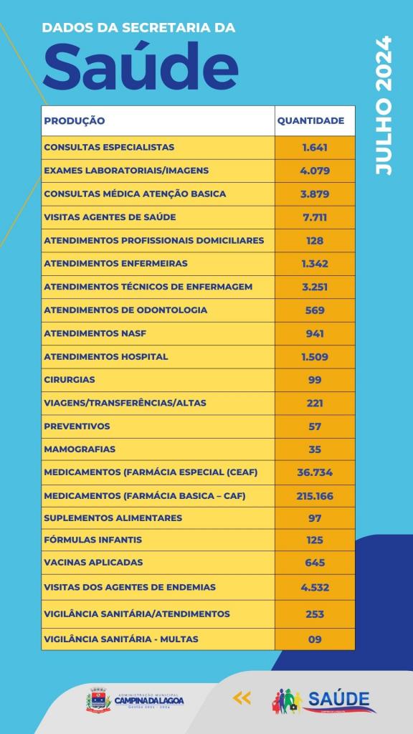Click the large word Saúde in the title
pos(141,67)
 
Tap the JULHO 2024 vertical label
pos(383,106)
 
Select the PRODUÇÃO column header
pos(75,120)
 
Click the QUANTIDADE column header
pos(311,120)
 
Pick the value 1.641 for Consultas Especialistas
pos(315,148)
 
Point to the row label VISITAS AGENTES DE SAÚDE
pos(110,217)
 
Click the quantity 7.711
pos(315,217)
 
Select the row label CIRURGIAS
pos(70,380)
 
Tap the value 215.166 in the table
pos(315,496)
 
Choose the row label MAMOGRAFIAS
pos(80,449)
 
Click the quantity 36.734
pos(315,472)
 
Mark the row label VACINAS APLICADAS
pos(93,562)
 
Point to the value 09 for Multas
pos(315,639)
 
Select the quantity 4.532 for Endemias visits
pos(315,587)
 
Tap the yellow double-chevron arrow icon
pos(242,698)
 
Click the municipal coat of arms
pos(98,700)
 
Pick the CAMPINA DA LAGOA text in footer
pos(149,701)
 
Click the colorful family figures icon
pos(288,701)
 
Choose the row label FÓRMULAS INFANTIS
pos(92,540)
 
